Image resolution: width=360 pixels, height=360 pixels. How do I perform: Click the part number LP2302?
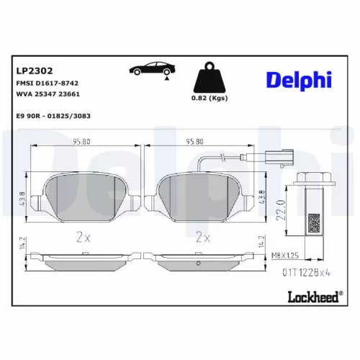coord(33,71)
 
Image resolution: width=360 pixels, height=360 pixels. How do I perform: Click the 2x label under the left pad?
coord(81,236)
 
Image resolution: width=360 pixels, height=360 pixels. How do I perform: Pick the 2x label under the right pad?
coord(202,236)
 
